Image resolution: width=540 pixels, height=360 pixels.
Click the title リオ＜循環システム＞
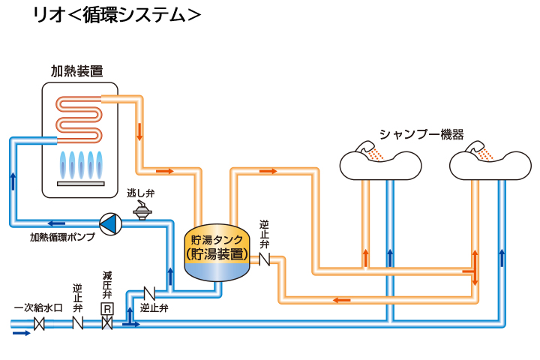116,15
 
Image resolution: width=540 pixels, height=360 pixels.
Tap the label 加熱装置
76,71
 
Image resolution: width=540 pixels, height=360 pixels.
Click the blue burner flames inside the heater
79,163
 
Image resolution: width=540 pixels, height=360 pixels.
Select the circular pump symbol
109,223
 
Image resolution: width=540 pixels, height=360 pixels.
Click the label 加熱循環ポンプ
62,238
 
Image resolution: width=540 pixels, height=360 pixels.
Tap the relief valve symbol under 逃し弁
140,211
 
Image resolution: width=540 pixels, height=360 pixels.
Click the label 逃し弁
140,193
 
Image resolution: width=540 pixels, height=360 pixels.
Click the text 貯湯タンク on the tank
217,240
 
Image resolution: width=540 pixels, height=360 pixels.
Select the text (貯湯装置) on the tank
217,253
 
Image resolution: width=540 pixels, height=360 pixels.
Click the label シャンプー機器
421,135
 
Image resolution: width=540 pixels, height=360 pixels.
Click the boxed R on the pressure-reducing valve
107,309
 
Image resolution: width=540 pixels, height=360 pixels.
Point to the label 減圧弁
107,286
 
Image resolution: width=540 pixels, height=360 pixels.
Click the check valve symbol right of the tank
265,259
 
